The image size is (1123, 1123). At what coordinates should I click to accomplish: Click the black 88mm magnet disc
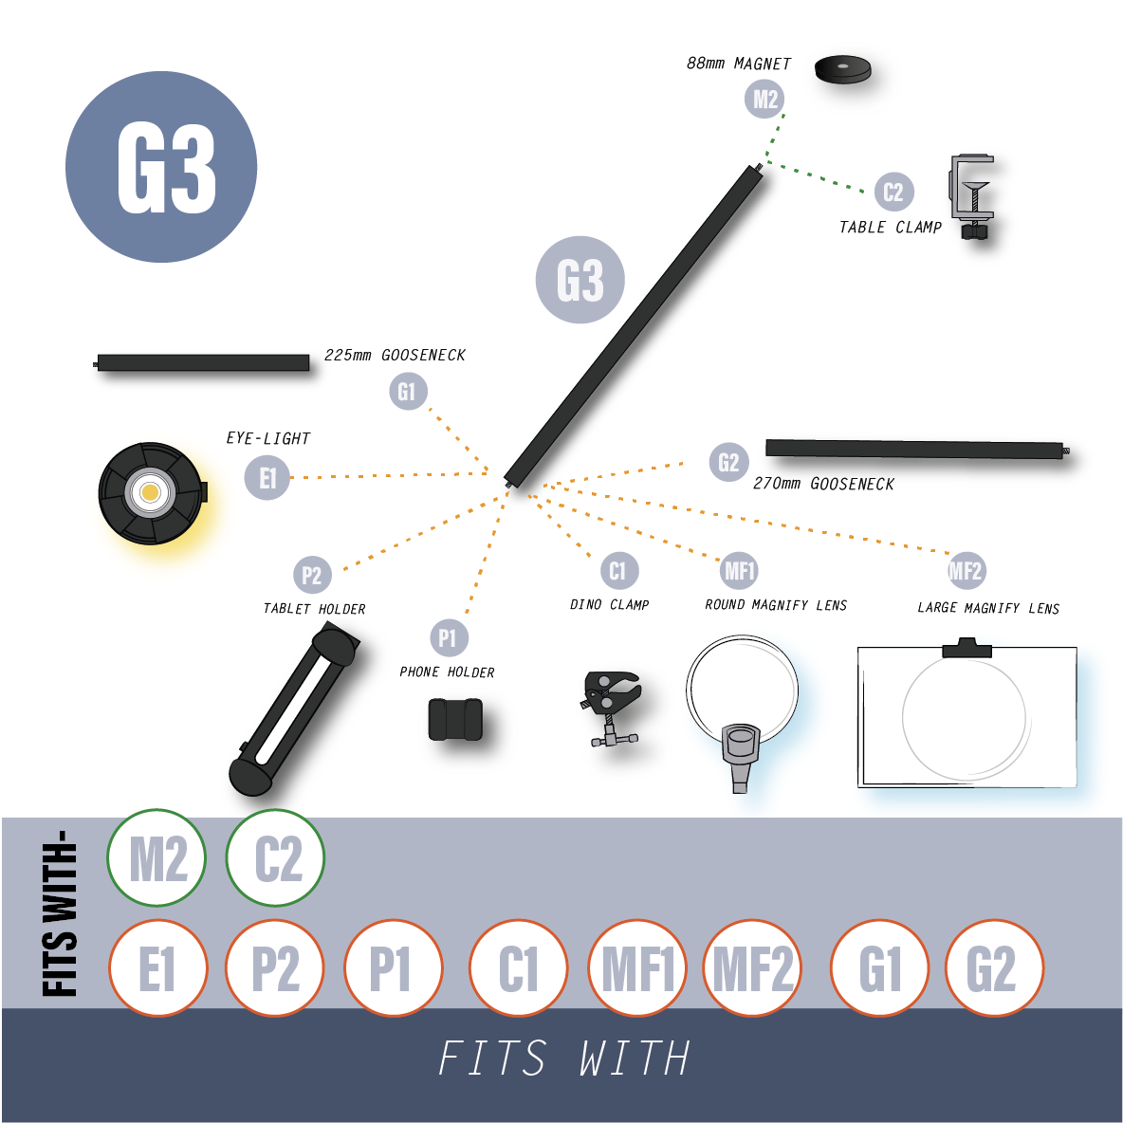tap(842, 69)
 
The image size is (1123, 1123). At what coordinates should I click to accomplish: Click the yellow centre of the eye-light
tap(151, 492)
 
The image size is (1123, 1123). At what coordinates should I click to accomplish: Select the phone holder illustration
tap(455, 719)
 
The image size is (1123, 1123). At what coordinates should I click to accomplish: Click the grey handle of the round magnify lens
tap(741, 757)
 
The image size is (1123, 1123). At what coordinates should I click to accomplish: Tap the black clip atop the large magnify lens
tap(967, 648)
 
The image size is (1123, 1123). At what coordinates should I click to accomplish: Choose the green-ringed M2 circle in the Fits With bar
tap(156, 857)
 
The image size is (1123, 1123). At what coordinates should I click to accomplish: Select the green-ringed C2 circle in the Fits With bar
tap(276, 857)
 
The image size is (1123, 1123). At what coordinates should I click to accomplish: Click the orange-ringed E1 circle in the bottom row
tap(158, 968)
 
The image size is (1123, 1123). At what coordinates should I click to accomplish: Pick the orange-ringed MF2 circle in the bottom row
tap(752, 968)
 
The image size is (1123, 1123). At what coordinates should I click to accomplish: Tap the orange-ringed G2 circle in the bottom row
tap(994, 968)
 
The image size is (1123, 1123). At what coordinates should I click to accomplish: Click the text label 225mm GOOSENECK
tap(395, 356)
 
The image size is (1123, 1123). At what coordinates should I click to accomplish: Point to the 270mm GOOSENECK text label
tap(823, 484)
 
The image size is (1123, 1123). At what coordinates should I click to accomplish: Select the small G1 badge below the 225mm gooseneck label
tap(408, 391)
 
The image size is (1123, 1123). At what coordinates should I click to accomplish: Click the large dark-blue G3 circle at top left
tap(161, 167)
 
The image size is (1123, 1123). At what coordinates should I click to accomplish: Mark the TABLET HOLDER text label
tap(314, 609)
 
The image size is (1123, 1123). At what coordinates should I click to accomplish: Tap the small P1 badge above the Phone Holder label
tap(449, 637)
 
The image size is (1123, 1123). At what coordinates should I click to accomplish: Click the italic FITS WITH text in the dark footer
tap(563, 1058)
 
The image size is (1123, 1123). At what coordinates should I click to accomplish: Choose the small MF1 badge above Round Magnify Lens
tap(739, 571)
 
